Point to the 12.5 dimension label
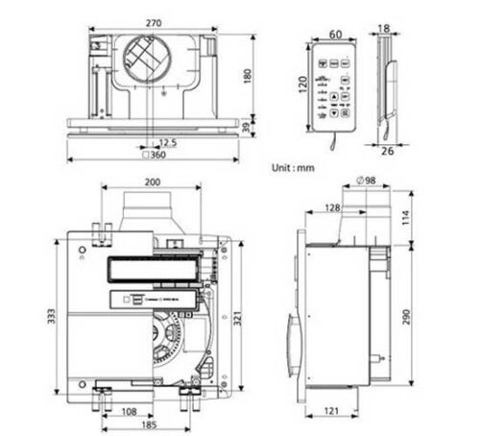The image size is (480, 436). point(168,141)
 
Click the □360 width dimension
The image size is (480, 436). point(152,156)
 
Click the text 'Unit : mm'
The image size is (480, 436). point(293,167)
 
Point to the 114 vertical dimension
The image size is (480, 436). point(406,218)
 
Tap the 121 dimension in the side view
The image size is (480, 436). point(329,412)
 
